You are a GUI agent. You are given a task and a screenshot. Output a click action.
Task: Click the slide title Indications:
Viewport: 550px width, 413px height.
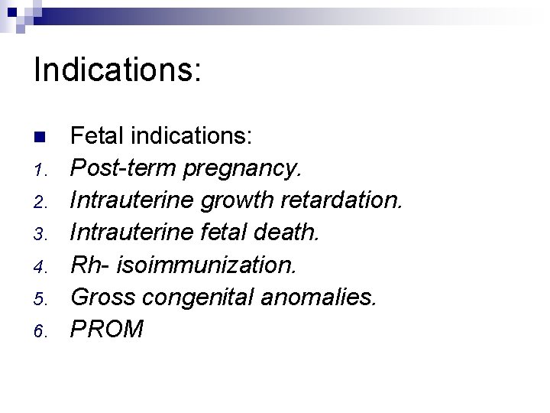[x=118, y=70]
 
